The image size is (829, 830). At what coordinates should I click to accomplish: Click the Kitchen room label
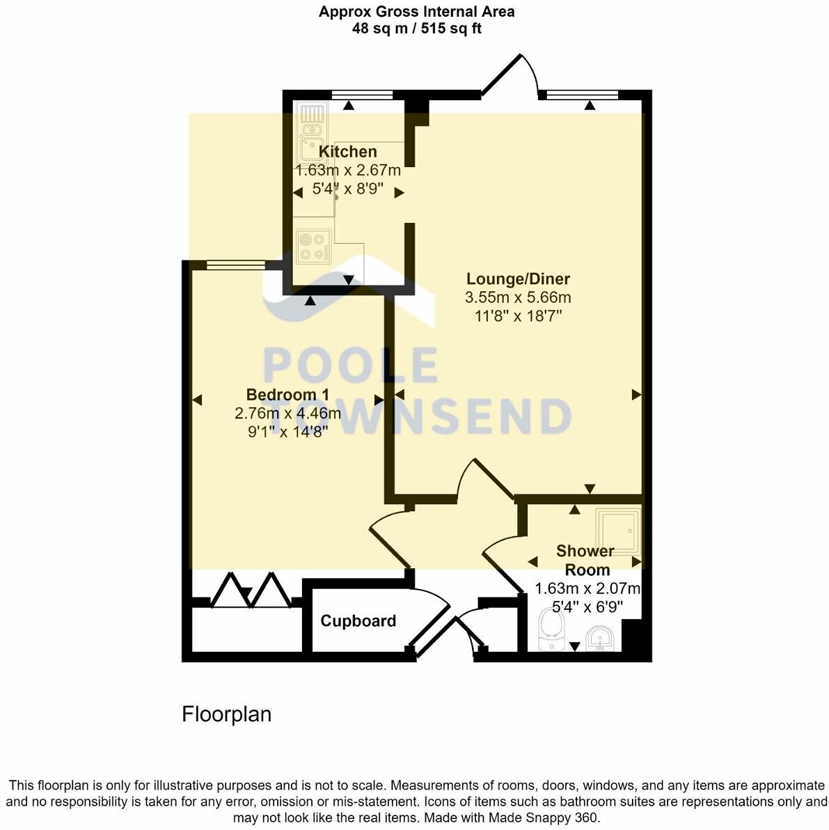(347, 151)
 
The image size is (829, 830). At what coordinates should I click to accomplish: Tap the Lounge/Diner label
(518, 279)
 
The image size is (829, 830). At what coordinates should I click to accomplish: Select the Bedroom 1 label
(287, 395)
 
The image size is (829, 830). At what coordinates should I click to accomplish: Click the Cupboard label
(358, 620)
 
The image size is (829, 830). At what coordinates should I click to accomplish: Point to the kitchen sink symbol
(309, 132)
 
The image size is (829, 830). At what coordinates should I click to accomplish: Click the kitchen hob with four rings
(313, 246)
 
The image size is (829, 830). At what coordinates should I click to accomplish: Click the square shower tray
(617, 532)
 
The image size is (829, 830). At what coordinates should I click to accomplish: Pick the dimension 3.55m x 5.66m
(518, 298)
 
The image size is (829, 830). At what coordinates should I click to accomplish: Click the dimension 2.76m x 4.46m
(287, 414)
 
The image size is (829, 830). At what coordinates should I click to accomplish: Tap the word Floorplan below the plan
(226, 714)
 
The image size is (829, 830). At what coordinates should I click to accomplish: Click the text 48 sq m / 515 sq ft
(416, 29)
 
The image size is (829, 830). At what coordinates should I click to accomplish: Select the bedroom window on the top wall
(236, 265)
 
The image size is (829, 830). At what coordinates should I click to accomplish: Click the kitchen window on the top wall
(361, 95)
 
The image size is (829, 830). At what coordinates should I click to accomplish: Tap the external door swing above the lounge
(512, 75)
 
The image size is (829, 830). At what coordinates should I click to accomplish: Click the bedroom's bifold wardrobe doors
(250, 590)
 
